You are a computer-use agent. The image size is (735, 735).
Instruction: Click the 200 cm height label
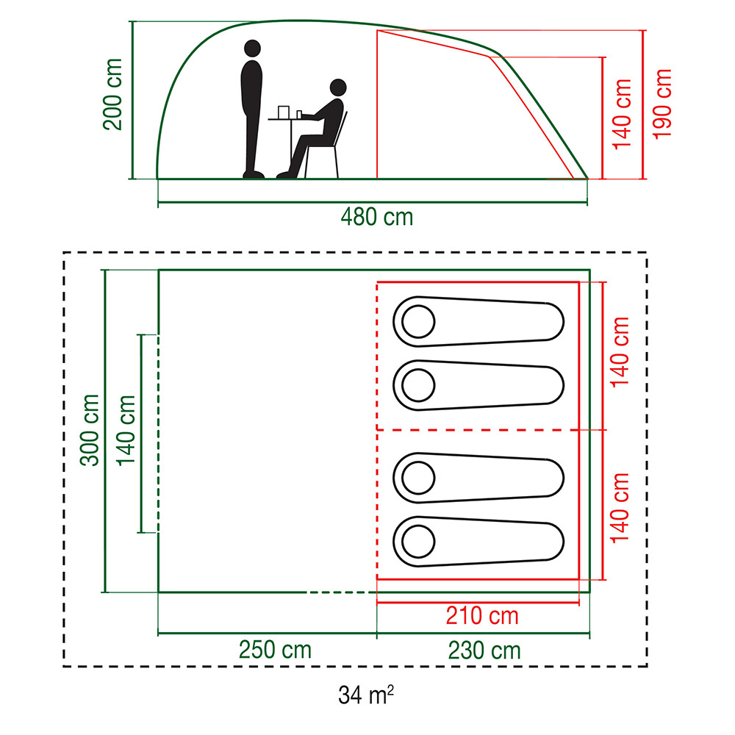[113, 93]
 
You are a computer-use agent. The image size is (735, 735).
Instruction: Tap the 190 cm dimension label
[662, 104]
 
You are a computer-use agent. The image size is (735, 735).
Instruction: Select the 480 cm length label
[376, 217]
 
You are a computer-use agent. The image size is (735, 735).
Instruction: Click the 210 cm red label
[482, 615]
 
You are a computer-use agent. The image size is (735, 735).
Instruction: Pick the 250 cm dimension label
[275, 650]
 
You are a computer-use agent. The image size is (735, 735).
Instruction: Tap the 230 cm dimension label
[484, 650]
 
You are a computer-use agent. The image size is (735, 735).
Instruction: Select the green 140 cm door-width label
[126, 431]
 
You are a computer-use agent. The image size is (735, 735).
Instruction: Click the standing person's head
[251, 50]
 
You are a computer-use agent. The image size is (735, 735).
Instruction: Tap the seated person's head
[337, 88]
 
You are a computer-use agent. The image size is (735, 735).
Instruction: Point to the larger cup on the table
[284, 111]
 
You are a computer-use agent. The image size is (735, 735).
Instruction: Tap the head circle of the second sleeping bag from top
[418, 384]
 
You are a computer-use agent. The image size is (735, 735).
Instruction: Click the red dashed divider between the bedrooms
[478, 430]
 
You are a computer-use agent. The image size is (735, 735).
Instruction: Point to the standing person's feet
[254, 174]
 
